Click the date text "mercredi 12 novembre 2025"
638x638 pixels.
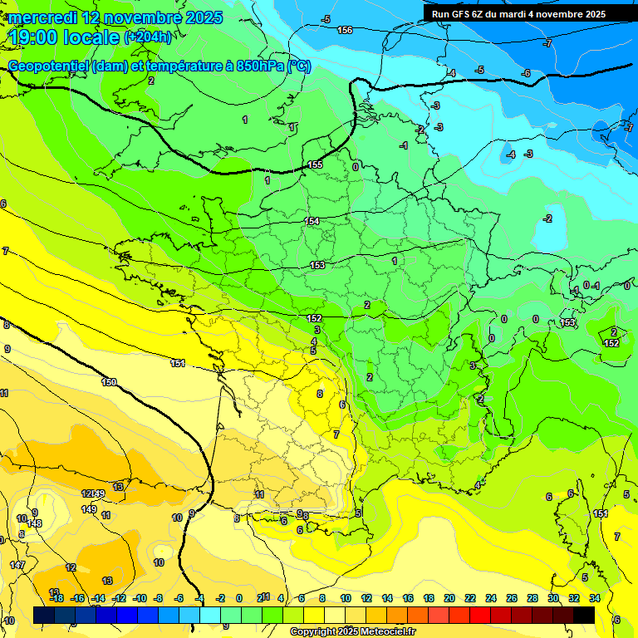[x=116, y=17]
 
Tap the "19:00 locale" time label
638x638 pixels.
[x=65, y=37]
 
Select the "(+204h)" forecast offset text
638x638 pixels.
[x=148, y=37]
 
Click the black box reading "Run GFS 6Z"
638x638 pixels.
[x=518, y=14]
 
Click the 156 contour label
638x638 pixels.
[x=345, y=30]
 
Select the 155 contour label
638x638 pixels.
[x=315, y=165]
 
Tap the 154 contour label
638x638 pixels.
[x=312, y=221]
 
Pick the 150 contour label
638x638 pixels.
[x=109, y=382]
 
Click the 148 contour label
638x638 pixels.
[x=34, y=523]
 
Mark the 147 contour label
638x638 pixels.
[x=17, y=565]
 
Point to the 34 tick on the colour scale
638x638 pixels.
[x=594, y=598]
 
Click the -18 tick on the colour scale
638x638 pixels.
[x=56, y=598]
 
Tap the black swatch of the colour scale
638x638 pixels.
[x=584, y=615]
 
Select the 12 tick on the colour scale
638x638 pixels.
[x=366, y=598]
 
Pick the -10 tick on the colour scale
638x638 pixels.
[x=140, y=598]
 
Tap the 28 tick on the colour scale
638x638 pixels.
[x=532, y=598]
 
